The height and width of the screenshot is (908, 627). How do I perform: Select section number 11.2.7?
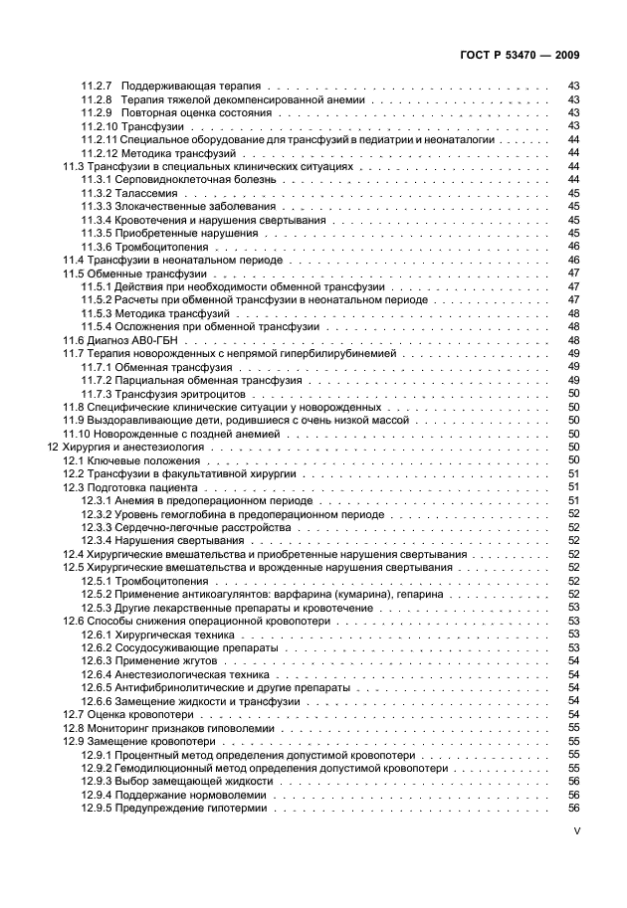coord(96,88)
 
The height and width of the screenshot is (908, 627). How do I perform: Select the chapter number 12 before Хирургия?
coord(54,448)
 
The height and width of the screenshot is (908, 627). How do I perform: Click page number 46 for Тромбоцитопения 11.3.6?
coord(573,247)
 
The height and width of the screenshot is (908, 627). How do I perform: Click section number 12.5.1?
coord(96,581)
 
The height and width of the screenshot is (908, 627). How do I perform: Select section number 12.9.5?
coord(96,809)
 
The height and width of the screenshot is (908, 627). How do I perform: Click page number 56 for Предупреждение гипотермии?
coord(573,809)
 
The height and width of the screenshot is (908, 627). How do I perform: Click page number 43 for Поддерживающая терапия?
coord(573,88)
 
